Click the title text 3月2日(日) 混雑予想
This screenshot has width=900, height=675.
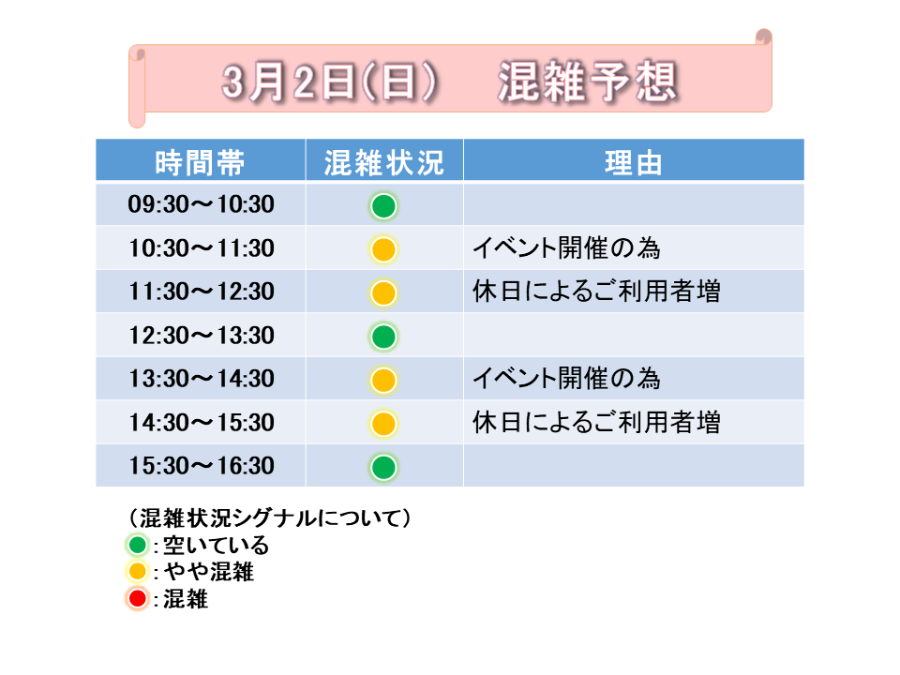pos(450,82)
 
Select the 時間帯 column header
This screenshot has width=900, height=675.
pos(200,162)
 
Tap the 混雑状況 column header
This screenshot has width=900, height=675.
pos(384,162)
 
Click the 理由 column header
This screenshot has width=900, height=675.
pos(633,162)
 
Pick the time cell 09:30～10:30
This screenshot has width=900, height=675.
pos(201,204)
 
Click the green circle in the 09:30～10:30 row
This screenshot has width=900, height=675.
pos(383,206)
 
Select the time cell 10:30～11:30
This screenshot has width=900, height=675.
pos(201,248)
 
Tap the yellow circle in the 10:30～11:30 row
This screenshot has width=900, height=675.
pos(383,249)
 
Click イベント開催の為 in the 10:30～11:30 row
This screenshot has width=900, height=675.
pos(566,248)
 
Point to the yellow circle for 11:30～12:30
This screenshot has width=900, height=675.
pos(383,292)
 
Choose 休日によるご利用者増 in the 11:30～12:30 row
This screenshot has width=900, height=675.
pos(596,291)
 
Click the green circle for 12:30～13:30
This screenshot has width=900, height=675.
pos(383,337)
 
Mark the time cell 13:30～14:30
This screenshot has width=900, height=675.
pos(201,379)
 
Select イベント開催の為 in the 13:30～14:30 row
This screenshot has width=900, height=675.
pos(566,379)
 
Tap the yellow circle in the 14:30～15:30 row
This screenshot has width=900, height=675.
pos(383,424)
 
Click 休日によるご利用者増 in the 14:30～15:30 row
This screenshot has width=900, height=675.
pos(596,423)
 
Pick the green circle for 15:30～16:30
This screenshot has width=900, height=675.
pos(383,467)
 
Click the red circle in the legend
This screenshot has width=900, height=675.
pos(137,599)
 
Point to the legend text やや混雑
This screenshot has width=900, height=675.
pos(208,572)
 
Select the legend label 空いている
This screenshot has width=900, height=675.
pos(216,545)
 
